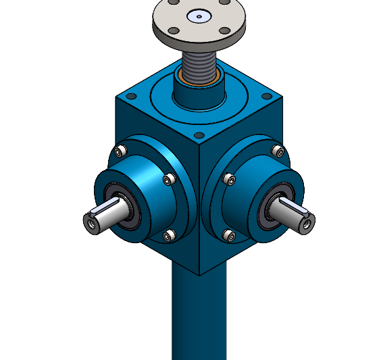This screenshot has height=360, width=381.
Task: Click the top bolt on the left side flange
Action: (122, 149)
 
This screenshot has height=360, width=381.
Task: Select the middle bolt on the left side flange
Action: (170, 178)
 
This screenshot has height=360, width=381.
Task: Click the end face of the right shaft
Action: (307, 220)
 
